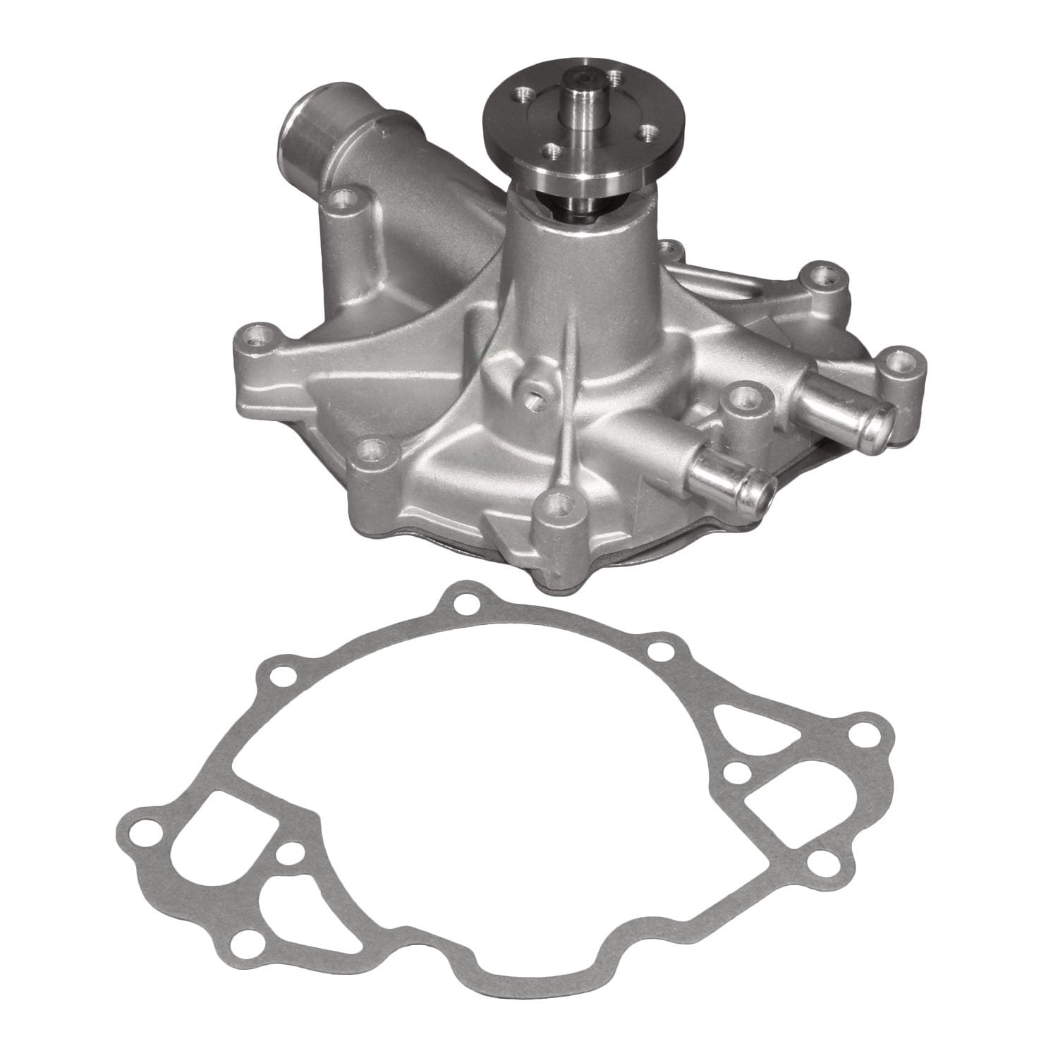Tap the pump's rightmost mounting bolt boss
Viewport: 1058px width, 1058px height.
click(x=897, y=361)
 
